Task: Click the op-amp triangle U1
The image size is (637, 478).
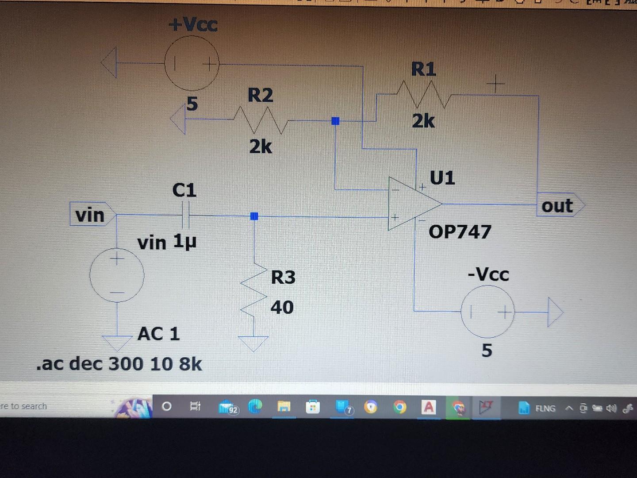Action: click(411, 204)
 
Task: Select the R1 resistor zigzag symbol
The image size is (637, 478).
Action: click(424, 94)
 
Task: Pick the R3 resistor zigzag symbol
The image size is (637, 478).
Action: click(254, 292)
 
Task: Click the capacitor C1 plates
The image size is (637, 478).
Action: click(185, 215)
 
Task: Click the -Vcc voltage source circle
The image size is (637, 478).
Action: click(487, 312)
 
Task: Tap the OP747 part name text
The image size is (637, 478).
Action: click(460, 231)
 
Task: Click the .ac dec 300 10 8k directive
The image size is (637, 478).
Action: click(119, 364)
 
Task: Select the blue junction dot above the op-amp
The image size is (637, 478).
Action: click(335, 121)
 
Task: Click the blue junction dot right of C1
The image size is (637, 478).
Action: click(254, 216)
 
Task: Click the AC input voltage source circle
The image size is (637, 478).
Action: click(117, 275)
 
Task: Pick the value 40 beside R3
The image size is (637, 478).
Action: click(282, 307)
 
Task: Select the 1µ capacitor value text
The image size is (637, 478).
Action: click(184, 242)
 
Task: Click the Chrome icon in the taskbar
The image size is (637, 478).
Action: click(399, 407)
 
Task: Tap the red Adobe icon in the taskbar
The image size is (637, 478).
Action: click(428, 407)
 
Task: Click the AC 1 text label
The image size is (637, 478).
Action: click(159, 334)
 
